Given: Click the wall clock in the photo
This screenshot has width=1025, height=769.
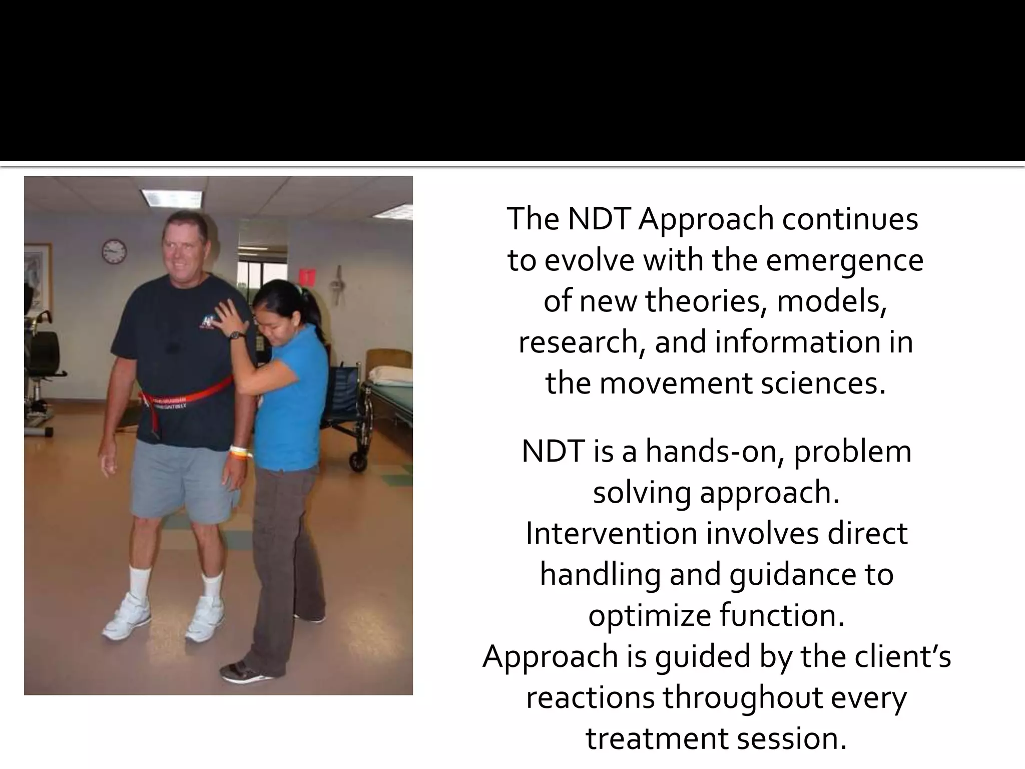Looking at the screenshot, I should coord(114,251).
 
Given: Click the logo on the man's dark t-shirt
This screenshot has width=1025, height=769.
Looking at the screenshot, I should coord(208,321).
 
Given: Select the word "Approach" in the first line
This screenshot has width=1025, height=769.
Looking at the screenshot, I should coord(706,219).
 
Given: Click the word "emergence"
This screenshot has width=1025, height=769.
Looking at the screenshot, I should coord(844,260).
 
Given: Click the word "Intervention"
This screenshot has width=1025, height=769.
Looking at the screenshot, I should coord(611,534).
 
